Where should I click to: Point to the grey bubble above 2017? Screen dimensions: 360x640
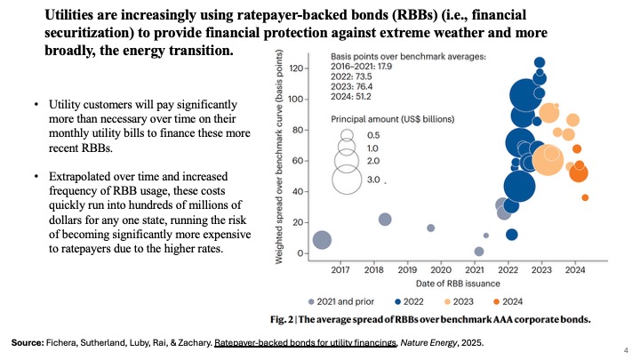(322, 239)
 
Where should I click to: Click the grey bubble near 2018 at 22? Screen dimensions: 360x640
(385, 220)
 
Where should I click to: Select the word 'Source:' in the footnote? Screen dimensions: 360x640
(30, 341)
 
